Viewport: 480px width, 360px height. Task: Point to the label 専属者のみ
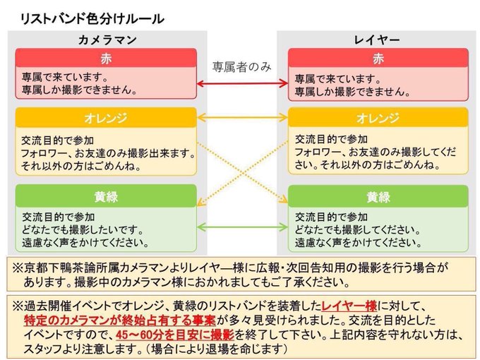pyautogui.click(x=242, y=67)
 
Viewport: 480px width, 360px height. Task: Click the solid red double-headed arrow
pyautogui.click(x=242, y=84)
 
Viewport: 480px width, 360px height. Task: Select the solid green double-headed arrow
pyautogui.click(x=242, y=227)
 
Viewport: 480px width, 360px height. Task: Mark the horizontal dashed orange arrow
pyautogui.click(x=242, y=117)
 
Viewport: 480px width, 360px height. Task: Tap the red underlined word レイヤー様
pyautogui.click(x=349, y=306)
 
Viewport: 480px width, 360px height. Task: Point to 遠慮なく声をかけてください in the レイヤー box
pyautogui.click(x=353, y=242)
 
